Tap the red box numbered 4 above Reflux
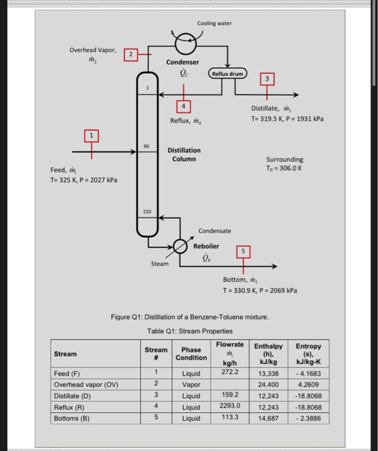tap(185, 106)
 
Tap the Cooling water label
tap(214, 23)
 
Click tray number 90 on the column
tap(147, 147)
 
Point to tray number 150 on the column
tap(147, 211)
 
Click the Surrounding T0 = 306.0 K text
tap(285, 164)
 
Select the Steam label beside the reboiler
tap(160, 263)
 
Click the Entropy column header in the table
tap(308, 354)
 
